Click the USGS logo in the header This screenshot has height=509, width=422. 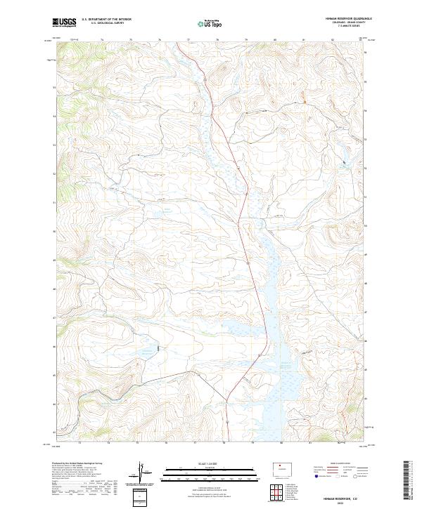[x=65, y=22]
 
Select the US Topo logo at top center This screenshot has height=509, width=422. [x=210, y=22]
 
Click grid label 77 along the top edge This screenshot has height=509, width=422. [x=188, y=40]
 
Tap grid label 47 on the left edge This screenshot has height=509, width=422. [x=53, y=317]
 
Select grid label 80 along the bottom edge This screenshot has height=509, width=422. [x=281, y=444]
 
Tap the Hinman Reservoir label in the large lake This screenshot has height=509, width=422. [x=286, y=365]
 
